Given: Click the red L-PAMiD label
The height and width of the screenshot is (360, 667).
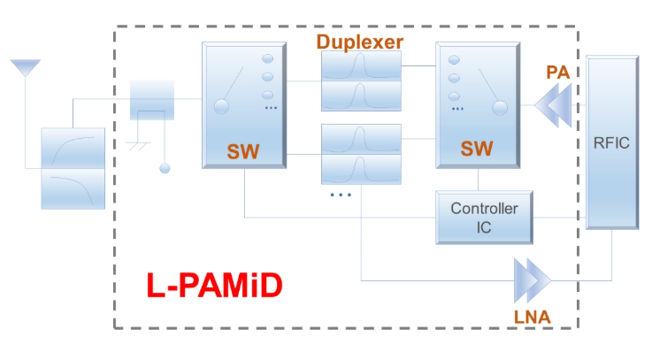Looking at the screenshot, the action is tap(214, 285).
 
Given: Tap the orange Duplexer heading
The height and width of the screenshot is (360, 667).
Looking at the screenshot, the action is tap(360, 42).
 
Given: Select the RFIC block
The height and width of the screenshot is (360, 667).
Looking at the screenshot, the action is tap(612, 142).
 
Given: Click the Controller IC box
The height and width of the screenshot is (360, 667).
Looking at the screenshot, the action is tap(484, 218).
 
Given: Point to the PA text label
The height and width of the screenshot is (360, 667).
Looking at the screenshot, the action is tap(557, 73).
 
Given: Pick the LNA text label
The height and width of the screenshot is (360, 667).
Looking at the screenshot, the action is tap(533, 317).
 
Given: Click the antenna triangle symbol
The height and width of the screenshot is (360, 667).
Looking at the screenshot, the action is tap(26, 67).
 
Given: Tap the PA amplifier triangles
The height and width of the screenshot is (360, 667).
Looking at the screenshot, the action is tap(553, 105).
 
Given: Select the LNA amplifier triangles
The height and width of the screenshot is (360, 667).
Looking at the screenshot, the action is tap(533, 280).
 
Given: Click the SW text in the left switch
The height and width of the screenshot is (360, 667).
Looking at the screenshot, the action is tap(243, 151).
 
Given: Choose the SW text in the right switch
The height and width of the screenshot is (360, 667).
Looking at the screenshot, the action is tap(477, 149).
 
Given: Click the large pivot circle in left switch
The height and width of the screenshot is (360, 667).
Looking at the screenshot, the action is tap(221, 106).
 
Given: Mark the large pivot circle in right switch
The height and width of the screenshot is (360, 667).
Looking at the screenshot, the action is tap(500, 108).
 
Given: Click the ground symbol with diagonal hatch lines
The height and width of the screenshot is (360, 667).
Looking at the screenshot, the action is tap(139, 146).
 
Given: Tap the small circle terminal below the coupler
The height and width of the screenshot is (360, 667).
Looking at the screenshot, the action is tap(165, 169).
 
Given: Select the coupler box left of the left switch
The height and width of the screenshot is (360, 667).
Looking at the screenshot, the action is tap(152, 100).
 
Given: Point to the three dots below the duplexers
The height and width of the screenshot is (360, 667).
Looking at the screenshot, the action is tap(341, 195).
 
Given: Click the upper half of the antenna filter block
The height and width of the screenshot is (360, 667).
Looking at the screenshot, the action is tap(73, 148).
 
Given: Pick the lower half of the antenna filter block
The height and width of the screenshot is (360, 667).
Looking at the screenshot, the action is tap(73, 189).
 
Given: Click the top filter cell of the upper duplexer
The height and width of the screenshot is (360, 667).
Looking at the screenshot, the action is tap(361, 66).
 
